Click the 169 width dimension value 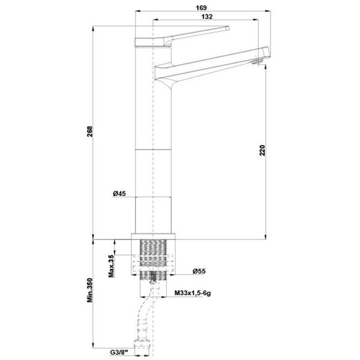tap(201, 8)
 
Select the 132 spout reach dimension tap(207, 17)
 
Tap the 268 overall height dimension tap(90, 131)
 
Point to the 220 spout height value tap(262, 151)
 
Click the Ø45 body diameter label tap(119, 194)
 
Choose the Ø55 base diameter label tap(199, 271)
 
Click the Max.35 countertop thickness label tap(112, 266)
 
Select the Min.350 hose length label tap(90, 290)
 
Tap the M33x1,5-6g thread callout tap(193, 293)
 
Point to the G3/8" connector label tap(119, 352)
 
